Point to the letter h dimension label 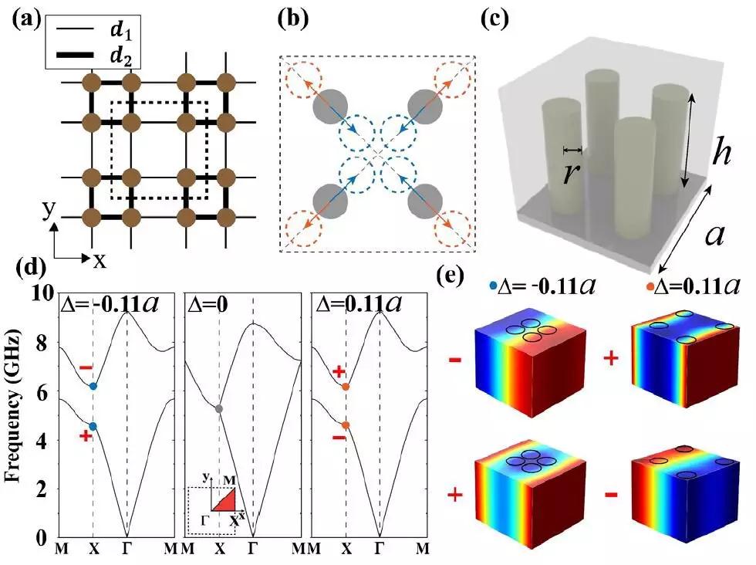(x=721, y=154)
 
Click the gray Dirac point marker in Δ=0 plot (x=219, y=408)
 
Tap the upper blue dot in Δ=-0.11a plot (x=93, y=386)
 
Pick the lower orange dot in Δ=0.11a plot (x=346, y=425)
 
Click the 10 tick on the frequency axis (x=42, y=295)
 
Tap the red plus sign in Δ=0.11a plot (x=338, y=371)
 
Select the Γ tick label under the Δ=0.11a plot (x=379, y=549)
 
